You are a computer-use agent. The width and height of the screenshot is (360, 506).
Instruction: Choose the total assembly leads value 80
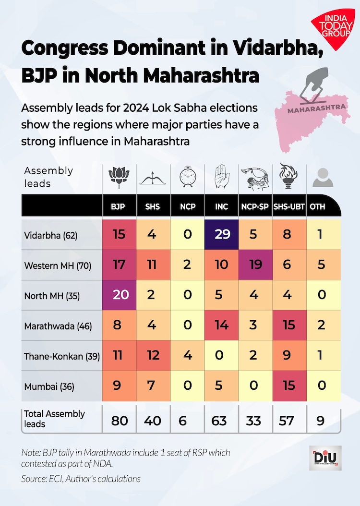click(x=120, y=420)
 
